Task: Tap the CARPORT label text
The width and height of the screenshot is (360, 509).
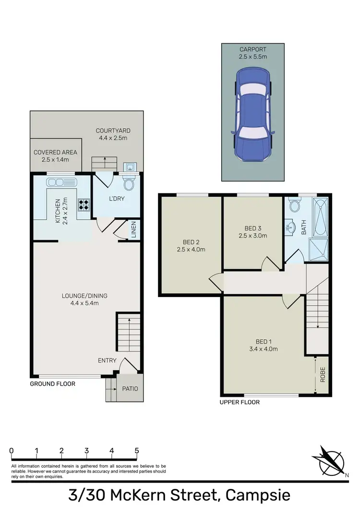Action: [x=252, y=49]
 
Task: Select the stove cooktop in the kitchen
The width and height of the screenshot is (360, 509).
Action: [x=84, y=205]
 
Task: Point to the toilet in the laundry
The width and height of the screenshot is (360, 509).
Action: [x=129, y=184]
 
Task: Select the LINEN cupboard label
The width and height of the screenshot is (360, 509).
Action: [x=134, y=229]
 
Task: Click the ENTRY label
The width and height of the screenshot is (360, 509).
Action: [x=107, y=360]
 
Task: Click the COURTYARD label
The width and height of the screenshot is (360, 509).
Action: [x=113, y=130]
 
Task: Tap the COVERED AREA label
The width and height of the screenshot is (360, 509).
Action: [x=55, y=153]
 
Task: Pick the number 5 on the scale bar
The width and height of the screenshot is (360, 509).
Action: [x=137, y=450]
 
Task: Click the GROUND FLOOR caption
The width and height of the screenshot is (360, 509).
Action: [x=52, y=384]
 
